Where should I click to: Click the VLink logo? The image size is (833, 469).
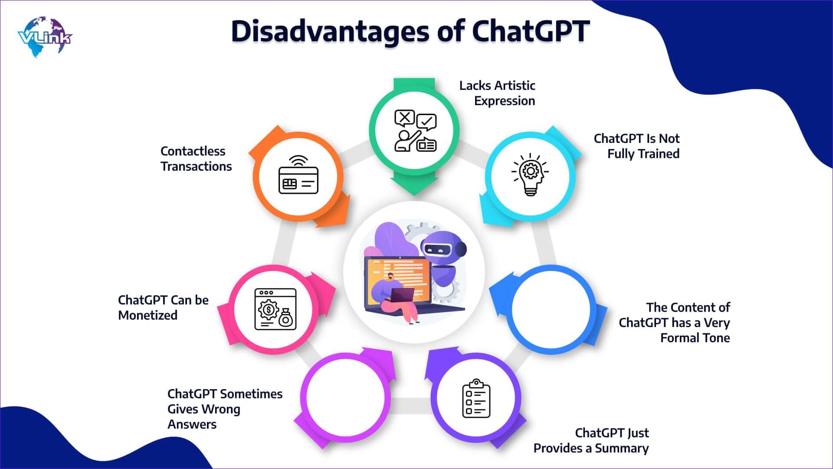click(45, 37)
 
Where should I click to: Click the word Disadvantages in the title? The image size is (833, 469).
click(330, 32)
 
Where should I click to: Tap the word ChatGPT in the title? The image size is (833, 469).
click(531, 31)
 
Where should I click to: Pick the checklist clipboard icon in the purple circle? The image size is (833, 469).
click(476, 398)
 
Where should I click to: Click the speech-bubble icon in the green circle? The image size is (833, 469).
click(415, 130)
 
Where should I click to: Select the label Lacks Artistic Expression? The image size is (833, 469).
click(497, 93)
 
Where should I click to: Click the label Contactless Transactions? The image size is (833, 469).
click(196, 159)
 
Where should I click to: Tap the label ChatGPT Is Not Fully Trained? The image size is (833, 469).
click(636, 146)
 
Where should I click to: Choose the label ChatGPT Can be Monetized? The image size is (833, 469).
click(163, 307)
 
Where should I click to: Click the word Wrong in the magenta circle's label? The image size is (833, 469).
click(222, 409)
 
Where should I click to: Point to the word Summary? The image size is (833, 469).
click(622, 448)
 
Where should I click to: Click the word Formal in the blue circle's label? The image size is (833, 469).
click(679, 338)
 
